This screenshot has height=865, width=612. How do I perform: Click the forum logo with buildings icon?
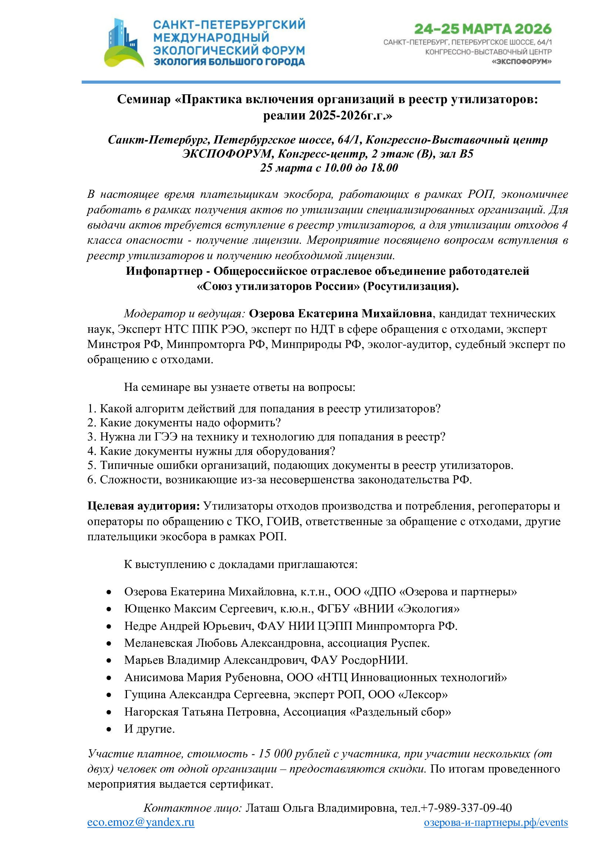[x=124, y=43]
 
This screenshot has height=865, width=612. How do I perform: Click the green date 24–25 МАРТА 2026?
[x=482, y=29]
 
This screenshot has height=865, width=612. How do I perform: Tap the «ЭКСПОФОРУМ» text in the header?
[x=522, y=61]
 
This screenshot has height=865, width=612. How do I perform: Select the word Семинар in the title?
[x=144, y=99]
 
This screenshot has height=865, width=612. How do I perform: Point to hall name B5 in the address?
[x=465, y=154]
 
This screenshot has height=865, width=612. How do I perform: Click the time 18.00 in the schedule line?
[x=384, y=168]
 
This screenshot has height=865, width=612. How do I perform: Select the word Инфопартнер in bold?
[x=164, y=271]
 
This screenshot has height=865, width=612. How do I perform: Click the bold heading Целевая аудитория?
[x=144, y=506]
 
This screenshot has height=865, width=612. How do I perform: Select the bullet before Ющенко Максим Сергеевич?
[x=109, y=609]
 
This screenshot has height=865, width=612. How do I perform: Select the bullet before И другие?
[x=109, y=729]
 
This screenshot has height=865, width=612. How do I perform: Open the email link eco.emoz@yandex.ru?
[x=141, y=822]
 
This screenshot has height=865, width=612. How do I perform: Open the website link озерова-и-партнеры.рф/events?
[x=495, y=822]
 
